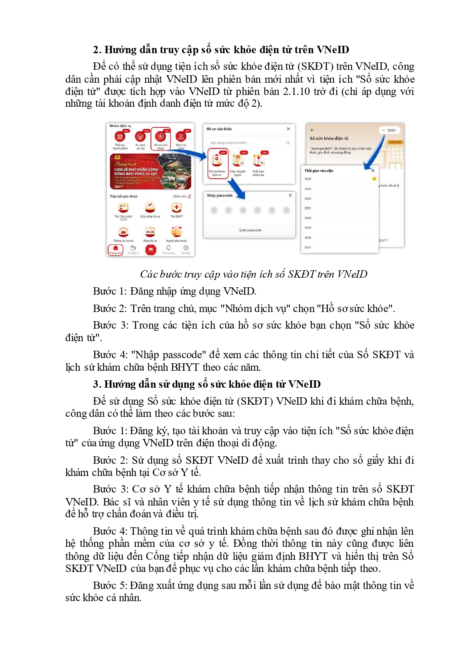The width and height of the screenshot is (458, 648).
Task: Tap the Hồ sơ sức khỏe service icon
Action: click(161, 137)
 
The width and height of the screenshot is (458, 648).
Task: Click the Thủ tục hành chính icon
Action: click(120, 137)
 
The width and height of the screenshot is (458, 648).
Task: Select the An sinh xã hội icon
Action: click(140, 137)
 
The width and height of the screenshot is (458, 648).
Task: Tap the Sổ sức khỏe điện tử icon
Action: click(217, 160)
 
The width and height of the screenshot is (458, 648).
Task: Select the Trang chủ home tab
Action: click(116, 250)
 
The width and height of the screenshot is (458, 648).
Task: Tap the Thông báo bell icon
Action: click(168, 249)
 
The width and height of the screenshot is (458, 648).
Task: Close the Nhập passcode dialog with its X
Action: click(290, 195)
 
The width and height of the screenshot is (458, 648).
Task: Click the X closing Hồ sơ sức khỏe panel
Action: click(288, 129)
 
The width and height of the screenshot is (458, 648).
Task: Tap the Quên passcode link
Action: click(250, 230)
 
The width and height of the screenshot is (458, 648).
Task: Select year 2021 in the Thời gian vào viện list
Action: click(308, 208)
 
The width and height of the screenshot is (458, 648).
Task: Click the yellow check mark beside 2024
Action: click(374, 179)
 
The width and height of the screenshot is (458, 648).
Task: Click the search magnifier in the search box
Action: click(287, 143)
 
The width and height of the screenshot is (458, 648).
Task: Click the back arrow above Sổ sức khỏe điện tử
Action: click(312, 130)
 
